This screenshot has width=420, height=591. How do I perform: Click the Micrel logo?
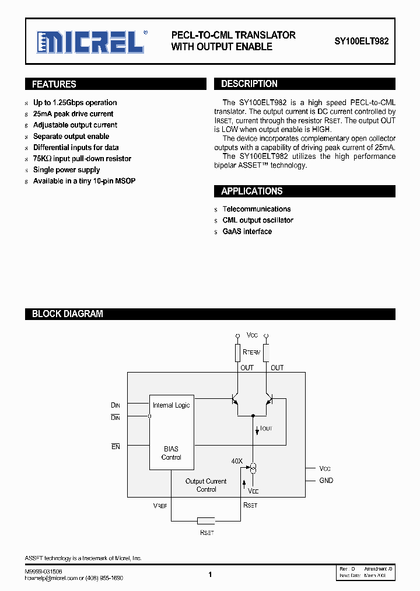point(90,42)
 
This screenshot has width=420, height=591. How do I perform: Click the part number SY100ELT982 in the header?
point(361,42)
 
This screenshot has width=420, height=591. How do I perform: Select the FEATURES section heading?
point(54,84)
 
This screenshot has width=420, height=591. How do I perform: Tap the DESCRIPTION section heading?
point(249,84)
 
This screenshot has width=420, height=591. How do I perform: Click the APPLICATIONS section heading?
point(251,191)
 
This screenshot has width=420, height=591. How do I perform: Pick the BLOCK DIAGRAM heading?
point(67,314)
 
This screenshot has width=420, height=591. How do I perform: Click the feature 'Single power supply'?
point(66,170)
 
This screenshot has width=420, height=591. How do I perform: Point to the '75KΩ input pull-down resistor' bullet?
point(82,159)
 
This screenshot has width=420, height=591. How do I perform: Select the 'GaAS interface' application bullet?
point(247,232)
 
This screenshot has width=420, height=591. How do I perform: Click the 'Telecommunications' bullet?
point(256,209)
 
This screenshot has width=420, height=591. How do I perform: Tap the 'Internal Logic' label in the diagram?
point(171,405)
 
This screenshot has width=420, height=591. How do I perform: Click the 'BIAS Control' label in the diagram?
point(171,453)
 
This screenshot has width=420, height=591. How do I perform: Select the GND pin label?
point(326,481)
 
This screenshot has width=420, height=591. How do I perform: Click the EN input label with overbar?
point(116,447)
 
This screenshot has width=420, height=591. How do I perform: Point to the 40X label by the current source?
point(237,461)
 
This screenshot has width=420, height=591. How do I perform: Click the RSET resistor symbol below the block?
point(206,520)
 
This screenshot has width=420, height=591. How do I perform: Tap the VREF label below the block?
point(160,506)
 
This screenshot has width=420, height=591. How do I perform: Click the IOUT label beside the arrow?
point(266,429)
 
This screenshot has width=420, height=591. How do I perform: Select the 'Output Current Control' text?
point(206,485)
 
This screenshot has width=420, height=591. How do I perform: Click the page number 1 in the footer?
point(210,575)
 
